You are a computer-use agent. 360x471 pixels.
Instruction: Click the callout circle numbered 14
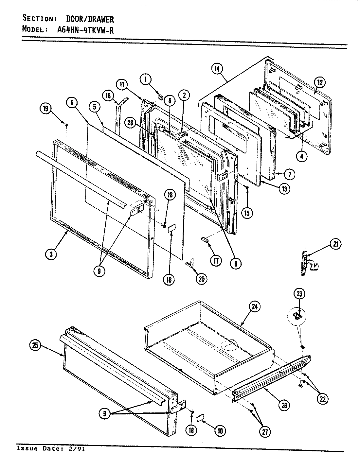click(x=217, y=69)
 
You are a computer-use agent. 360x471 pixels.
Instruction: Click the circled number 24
click(x=254, y=306)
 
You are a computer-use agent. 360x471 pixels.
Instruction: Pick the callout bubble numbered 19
click(x=46, y=109)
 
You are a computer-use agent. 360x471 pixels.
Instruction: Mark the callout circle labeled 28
click(x=131, y=122)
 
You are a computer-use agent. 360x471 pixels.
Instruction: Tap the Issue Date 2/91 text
click(x=51, y=448)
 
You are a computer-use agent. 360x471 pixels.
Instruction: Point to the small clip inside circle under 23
click(x=297, y=316)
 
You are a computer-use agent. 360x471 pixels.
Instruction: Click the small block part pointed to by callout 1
click(x=160, y=96)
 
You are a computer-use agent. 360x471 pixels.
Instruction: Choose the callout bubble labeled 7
click(x=290, y=174)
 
